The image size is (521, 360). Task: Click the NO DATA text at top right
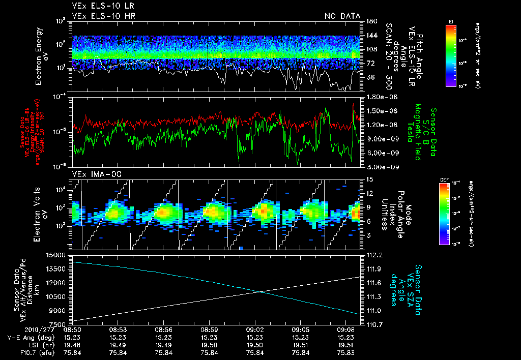click(342, 16)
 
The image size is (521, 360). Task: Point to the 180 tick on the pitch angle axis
click(367, 21)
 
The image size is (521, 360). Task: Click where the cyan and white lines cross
click(260, 291)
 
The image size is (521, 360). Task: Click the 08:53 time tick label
click(118, 329)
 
